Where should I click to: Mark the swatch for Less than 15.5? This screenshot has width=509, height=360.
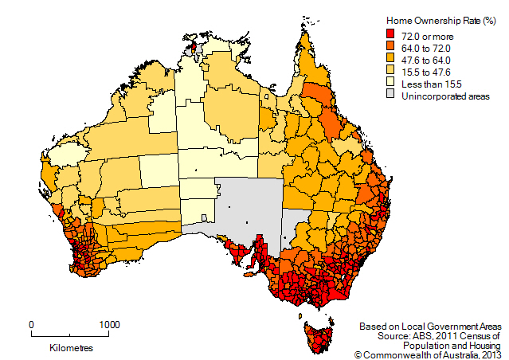391,83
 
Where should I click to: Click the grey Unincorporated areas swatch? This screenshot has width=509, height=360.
391,95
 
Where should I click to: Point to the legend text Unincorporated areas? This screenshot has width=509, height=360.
446,95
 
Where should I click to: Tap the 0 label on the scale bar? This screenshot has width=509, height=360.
31,324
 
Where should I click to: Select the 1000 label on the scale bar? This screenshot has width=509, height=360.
109,324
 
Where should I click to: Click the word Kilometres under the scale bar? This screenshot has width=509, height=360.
71,348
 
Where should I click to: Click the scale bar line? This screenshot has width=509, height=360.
71,335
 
